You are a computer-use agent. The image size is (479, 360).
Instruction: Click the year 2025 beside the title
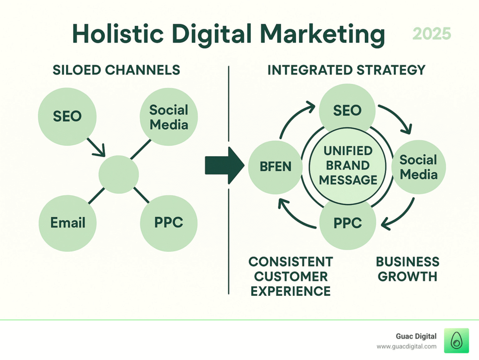click(x=432, y=34)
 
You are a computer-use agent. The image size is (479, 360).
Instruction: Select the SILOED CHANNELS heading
click(x=116, y=70)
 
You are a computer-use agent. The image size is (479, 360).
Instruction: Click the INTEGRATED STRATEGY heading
click(x=347, y=70)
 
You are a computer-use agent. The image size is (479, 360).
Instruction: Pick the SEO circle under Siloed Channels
click(x=67, y=117)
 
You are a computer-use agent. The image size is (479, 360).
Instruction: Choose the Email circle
click(x=67, y=223)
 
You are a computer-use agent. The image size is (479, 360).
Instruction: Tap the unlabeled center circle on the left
click(x=118, y=175)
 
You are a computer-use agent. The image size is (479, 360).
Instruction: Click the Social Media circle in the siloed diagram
click(x=168, y=117)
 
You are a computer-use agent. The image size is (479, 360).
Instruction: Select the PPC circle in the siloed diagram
click(x=168, y=223)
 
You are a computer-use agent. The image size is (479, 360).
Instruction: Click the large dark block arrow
click(x=225, y=166)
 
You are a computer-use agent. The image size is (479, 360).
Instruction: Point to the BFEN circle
click(x=275, y=167)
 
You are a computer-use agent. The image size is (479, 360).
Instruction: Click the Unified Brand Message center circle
click(x=348, y=166)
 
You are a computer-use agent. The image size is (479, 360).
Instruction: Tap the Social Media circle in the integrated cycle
click(x=419, y=167)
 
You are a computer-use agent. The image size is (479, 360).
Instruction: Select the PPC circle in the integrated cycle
click(x=348, y=223)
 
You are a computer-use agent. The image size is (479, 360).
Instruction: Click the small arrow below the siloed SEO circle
click(x=96, y=147)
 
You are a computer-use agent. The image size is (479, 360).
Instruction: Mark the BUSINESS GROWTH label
click(x=407, y=269)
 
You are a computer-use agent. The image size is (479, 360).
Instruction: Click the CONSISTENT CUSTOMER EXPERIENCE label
click(x=290, y=277)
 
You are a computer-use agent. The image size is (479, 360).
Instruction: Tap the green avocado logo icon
click(x=457, y=340)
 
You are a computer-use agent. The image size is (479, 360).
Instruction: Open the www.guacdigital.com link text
click(x=406, y=346)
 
